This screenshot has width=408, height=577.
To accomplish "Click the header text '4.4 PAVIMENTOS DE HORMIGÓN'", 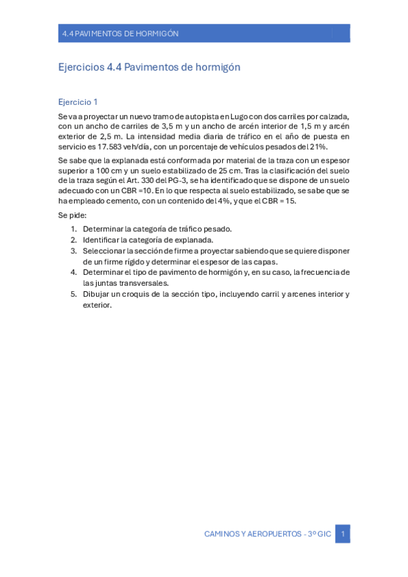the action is [x=120, y=33].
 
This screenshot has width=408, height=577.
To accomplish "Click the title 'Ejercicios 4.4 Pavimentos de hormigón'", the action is [x=149, y=67].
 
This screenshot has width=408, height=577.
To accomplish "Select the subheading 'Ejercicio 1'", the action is [x=78, y=102].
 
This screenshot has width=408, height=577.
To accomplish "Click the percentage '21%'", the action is [x=317, y=146].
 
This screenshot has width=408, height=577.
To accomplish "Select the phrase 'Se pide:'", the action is [x=72, y=215].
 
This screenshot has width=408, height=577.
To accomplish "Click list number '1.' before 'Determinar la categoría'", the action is [x=74, y=229].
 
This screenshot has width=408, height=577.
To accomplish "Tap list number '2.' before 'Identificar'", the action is [x=74, y=240].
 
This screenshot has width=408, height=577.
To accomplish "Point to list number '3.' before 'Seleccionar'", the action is [x=74, y=250].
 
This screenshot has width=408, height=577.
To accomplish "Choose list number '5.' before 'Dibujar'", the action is [x=74, y=294].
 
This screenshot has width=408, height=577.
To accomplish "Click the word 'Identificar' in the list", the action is [x=103, y=240].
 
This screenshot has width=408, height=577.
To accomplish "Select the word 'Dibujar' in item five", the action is [x=97, y=294].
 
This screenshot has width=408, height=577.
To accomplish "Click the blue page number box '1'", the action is [x=343, y=534].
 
